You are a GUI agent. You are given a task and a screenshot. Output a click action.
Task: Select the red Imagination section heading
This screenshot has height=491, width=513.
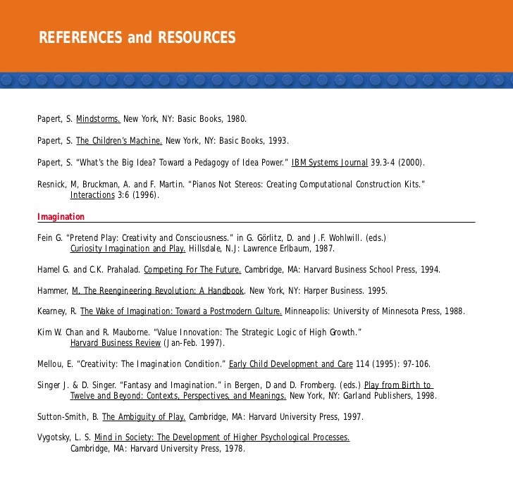[61, 216]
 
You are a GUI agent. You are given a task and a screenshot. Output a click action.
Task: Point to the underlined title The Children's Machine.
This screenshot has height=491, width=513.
[119, 140]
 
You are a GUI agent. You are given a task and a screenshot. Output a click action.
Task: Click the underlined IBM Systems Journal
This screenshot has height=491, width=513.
[329, 163]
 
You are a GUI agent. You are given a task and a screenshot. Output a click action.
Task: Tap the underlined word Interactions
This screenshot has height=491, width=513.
[92, 195]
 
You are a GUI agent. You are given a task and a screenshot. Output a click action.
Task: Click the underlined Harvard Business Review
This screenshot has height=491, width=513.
[116, 343]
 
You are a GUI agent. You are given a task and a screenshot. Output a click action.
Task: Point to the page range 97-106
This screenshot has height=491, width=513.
[412, 364]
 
